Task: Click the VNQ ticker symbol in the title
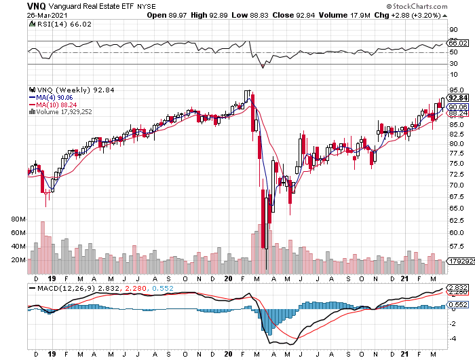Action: point(37,5)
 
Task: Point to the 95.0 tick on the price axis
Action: point(457,90)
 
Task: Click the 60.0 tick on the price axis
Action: point(457,232)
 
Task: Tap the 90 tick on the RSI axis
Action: point(453,30)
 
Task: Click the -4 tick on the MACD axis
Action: point(452,338)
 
